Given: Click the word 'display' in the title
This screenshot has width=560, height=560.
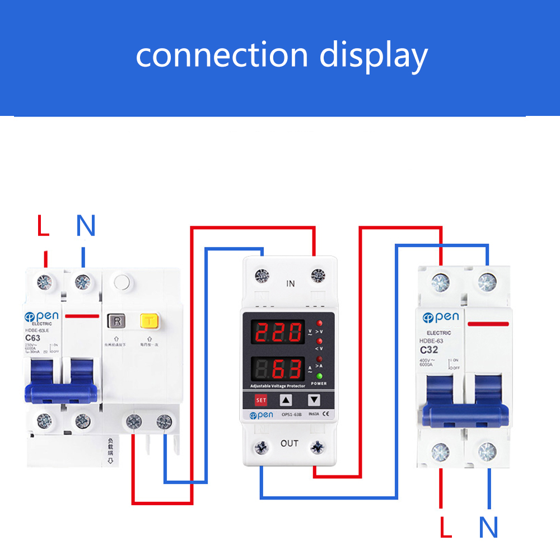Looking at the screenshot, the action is click(x=374, y=56).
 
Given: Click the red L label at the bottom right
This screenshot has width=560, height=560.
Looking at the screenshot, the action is click(x=446, y=527).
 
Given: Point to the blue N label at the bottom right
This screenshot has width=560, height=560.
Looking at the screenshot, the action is click(x=488, y=527).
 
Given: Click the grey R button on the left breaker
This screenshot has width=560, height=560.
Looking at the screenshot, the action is click(x=116, y=321).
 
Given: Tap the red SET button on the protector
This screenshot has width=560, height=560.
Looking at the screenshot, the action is click(x=261, y=400).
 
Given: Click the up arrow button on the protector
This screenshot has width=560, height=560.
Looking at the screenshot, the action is click(x=287, y=400).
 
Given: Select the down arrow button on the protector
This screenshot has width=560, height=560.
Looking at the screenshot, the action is click(x=314, y=400).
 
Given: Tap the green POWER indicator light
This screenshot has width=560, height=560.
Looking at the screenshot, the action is click(x=320, y=376).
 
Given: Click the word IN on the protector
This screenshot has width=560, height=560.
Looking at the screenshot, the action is click(x=290, y=284).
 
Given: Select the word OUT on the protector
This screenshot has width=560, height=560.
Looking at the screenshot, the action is click(x=290, y=444).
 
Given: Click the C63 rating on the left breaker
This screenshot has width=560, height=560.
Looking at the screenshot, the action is click(x=32, y=338).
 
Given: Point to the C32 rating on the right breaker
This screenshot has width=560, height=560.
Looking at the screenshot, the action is click(x=429, y=350).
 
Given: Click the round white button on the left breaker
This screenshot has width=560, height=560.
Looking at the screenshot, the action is click(x=122, y=281).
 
